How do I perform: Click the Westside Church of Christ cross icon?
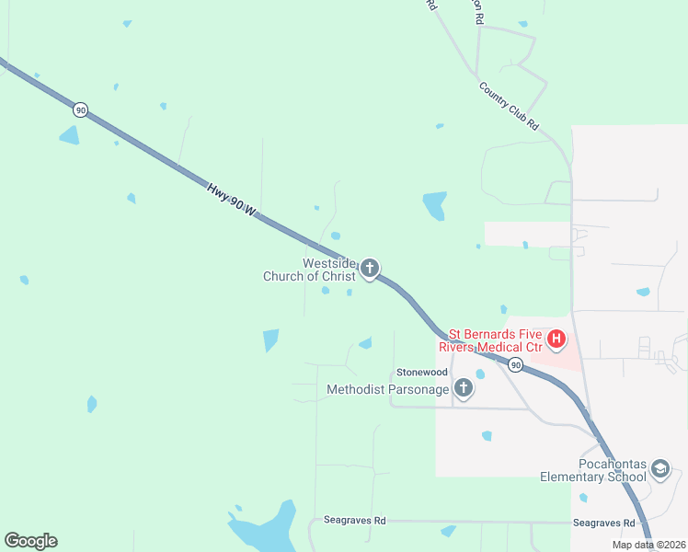coord(370,269)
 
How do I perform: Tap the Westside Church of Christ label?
coord(308,270)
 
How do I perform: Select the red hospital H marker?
coord(556,340)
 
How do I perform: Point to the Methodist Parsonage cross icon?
coord(464,389)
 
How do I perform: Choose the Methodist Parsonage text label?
coord(388,390)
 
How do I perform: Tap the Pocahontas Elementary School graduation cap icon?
coord(659,470)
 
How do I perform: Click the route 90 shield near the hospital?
coord(516,365)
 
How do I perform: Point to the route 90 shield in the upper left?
coord(81,109)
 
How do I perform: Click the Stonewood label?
coord(421,372)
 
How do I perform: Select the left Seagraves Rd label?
coord(354,521)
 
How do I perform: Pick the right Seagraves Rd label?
coord(603,523)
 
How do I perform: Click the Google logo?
coord(30,541)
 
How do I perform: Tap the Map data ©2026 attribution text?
coord(647,545)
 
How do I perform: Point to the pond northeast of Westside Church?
coord(434,205)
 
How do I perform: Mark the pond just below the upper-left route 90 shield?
coord(69,135)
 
